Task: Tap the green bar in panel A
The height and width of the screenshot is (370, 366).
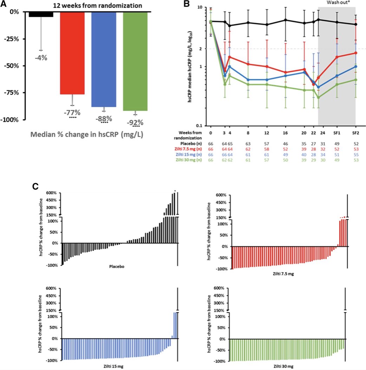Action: click(135, 61)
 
